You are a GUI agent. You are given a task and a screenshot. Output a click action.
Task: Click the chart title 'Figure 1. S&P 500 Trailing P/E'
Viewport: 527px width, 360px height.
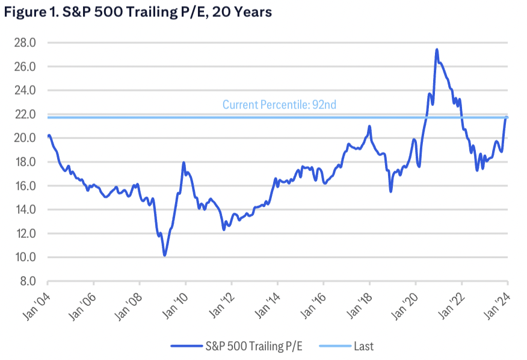[x=137, y=13]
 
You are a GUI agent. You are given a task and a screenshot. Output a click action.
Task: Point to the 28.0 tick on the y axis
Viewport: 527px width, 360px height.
[x=25, y=43]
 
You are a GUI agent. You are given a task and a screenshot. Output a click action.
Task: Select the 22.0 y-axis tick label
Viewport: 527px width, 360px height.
[x=25, y=114]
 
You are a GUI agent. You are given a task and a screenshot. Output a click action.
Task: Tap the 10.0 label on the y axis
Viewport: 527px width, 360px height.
[x=25, y=258]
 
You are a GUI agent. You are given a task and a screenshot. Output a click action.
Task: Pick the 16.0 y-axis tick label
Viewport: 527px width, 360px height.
[x=25, y=186]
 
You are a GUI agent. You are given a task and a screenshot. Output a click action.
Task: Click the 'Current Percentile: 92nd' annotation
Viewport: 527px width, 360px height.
[x=279, y=105]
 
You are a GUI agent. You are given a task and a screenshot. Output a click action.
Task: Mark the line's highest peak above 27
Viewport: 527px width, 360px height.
[x=437, y=49]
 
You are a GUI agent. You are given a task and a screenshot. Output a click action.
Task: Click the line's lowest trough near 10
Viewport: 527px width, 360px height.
[x=164, y=255]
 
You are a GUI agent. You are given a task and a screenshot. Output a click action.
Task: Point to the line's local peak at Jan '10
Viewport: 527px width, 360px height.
[x=183, y=163]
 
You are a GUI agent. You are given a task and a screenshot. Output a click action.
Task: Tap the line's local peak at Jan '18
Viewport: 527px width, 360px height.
[x=369, y=126]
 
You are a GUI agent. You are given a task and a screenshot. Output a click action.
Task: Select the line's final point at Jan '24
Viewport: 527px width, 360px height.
[x=507, y=117]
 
